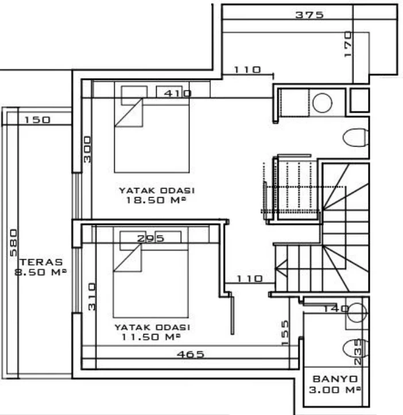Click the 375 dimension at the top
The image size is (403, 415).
[x=309, y=14]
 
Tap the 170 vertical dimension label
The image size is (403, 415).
[x=348, y=44]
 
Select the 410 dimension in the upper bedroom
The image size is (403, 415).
[x=177, y=93]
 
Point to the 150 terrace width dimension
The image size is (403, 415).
[x=37, y=120]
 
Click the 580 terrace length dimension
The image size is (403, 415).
[x=13, y=243]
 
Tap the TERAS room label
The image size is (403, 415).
[x=41, y=262]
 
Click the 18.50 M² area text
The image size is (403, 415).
[x=156, y=200]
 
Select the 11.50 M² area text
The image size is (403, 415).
[x=151, y=337]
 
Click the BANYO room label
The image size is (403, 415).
[x=335, y=379]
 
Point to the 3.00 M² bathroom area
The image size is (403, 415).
[x=335, y=390]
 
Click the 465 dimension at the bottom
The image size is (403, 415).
[x=191, y=354]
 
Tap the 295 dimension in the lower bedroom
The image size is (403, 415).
[x=150, y=239]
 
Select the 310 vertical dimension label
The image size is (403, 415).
[x=92, y=297]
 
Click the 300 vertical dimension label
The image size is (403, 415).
[x=87, y=149]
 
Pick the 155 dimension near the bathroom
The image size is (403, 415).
[x=285, y=333]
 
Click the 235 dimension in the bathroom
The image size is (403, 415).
[x=357, y=352]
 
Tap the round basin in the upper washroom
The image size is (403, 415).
[x=322, y=103]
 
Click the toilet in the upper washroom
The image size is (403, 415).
[x=355, y=137]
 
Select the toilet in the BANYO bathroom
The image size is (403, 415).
[x=355, y=348]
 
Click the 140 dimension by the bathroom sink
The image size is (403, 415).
[x=336, y=309]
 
